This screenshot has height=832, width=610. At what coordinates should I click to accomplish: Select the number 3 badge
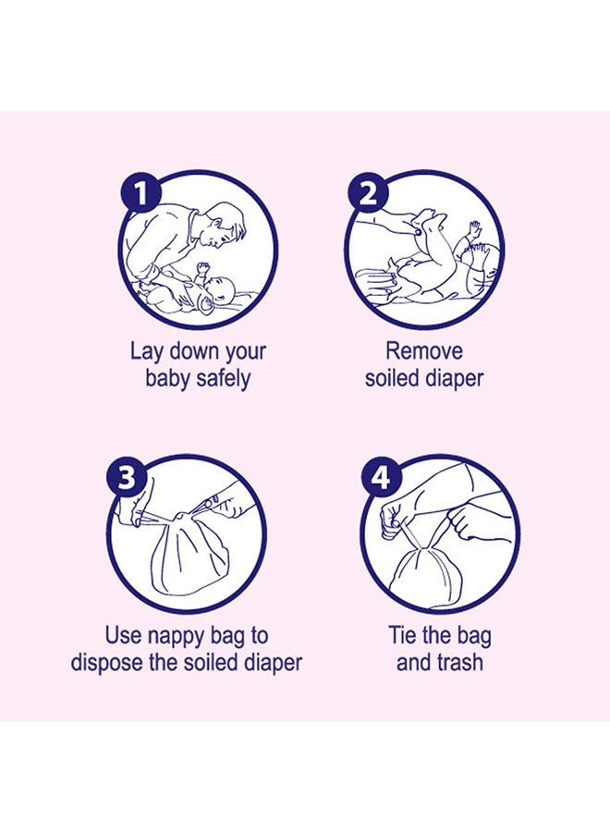[127, 476]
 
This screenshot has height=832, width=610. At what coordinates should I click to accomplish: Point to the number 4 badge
[380, 476]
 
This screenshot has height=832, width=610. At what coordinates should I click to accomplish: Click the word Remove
[424, 350]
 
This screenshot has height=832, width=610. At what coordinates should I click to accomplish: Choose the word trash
[457, 662]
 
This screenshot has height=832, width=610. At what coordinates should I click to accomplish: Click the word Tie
[400, 635]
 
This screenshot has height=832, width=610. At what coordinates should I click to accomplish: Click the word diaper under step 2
[454, 379]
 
